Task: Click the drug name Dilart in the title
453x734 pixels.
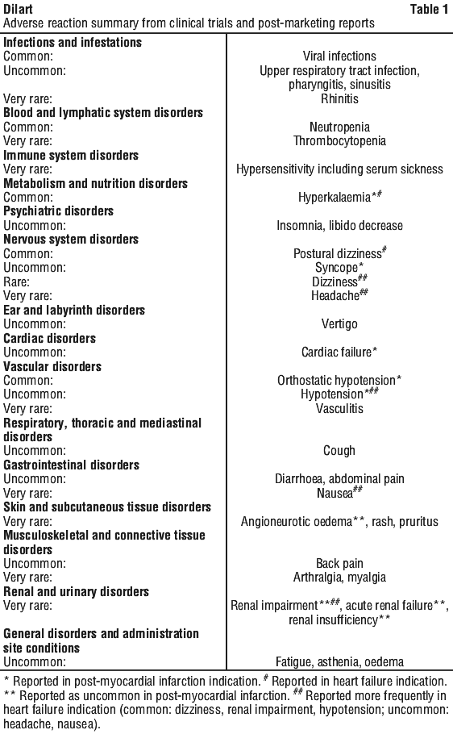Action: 19,9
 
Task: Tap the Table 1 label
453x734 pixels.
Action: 429,9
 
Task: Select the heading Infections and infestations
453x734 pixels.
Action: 73,42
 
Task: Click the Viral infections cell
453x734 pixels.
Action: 339,56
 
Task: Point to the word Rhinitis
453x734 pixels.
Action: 339,98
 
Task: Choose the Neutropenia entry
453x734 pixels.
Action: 339,127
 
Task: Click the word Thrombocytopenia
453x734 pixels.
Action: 339,141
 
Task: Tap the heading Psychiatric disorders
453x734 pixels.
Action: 59,211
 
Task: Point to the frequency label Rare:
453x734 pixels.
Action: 16,282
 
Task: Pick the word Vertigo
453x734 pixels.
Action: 339,324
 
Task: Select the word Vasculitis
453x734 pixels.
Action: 339,409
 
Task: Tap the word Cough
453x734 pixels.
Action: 339,451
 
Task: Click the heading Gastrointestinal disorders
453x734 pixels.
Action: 72,465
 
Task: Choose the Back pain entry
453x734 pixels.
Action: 339,564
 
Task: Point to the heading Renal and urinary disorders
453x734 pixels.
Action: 77,592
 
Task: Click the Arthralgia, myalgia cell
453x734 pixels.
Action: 339,578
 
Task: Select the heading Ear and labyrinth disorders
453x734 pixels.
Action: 74,311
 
